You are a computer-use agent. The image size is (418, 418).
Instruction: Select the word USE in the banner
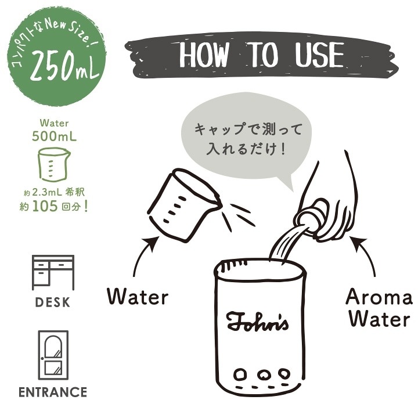pos(319,55)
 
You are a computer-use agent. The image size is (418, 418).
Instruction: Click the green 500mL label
pos(55,136)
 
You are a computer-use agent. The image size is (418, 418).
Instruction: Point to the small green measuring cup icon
pos(54,164)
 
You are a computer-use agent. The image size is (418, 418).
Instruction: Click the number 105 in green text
pos(45,206)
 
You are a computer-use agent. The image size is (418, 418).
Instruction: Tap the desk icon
pos(53,272)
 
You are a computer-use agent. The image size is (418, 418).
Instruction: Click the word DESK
pos(53,302)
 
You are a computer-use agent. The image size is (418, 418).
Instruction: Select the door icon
pos(53,355)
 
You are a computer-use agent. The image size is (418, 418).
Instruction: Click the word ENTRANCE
pos(53,392)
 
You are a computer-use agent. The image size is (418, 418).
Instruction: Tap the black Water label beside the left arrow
pos(138,297)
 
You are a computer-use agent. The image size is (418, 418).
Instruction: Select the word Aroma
pos(379,297)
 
